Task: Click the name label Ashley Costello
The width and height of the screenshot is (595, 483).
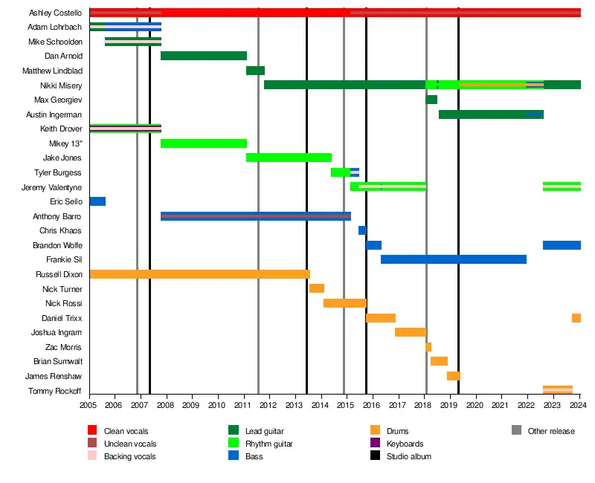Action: click(55, 13)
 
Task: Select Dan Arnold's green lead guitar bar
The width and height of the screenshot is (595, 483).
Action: click(203, 56)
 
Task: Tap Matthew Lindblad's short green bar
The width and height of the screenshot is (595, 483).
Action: click(255, 71)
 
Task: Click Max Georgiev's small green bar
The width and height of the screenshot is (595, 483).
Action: click(431, 100)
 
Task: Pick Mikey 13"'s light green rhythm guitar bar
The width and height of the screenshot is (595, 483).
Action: click(203, 143)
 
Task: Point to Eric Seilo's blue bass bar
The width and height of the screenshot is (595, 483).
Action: click(97, 201)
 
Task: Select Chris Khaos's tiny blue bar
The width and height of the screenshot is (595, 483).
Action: click(362, 230)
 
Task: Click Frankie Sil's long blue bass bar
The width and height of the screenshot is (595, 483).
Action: click(454, 259)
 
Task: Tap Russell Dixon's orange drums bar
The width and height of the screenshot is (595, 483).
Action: click(199, 274)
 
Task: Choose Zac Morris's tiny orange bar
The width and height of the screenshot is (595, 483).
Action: click(428, 347)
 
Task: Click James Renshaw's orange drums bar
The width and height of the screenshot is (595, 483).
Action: click(454, 376)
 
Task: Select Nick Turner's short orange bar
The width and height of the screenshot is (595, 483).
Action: click(317, 288)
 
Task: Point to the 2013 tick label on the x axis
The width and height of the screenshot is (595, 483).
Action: click(295, 405)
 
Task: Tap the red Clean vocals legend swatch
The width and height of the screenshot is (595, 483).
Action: click(92, 431)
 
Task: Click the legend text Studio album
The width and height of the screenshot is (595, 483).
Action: click(409, 456)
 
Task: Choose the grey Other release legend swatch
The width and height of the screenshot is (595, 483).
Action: click(516, 431)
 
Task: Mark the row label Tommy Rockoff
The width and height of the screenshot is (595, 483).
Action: click(55, 391)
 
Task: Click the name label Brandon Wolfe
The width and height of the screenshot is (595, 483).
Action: click(57, 245)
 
